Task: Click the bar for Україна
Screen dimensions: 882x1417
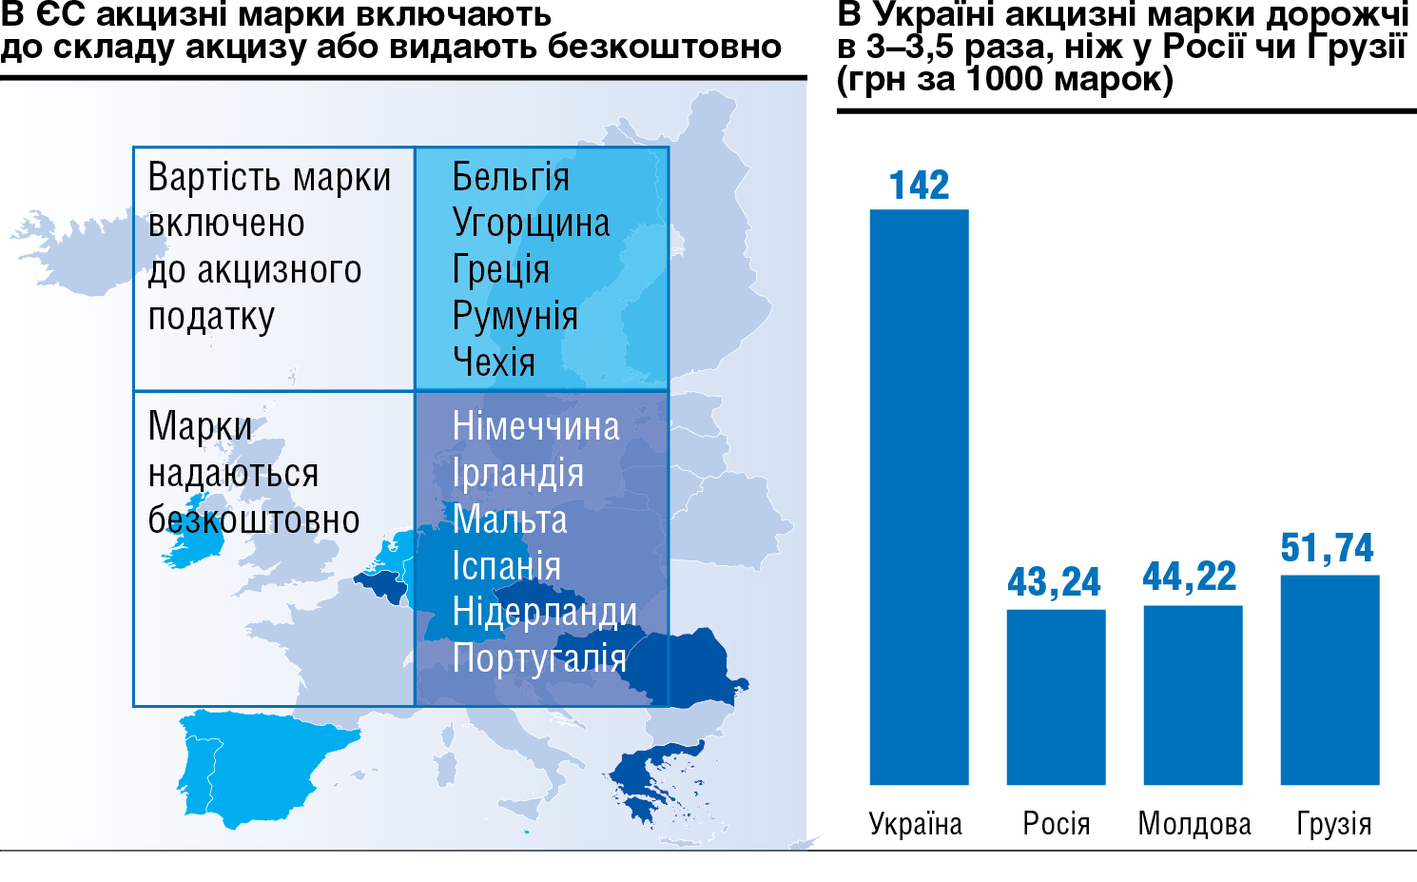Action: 919,497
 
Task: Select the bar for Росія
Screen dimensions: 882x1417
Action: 1056,696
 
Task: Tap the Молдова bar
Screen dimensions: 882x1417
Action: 1193,695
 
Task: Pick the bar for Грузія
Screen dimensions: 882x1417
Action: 1330,679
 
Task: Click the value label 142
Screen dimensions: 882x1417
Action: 919,185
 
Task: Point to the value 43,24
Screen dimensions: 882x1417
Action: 1054,582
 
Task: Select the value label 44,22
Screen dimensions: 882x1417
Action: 1190,577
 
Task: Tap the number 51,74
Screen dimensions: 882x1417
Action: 1327,548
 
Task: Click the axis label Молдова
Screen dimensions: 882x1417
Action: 1194,824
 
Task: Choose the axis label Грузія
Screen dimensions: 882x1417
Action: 1334,824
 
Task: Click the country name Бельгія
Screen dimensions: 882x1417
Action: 511,178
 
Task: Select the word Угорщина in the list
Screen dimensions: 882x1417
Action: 531,224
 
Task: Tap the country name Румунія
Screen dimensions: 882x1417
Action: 514,317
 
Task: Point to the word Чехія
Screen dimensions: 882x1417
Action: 494,363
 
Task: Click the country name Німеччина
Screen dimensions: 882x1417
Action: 535,426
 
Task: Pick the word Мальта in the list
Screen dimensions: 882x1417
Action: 510,519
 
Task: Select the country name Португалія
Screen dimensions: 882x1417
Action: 539,658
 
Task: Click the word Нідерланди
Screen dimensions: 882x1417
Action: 544,612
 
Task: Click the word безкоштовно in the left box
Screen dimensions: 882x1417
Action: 254,520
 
